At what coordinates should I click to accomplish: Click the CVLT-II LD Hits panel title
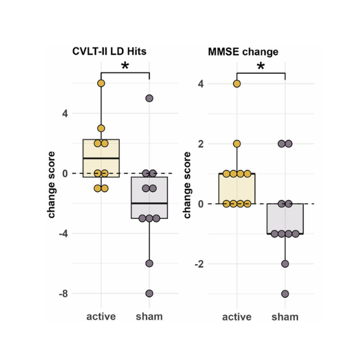(x=109, y=51)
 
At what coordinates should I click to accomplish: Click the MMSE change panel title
(x=243, y=52)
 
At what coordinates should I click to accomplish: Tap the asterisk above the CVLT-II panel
(x=125, y=65)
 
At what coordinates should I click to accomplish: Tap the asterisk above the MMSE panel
(x=261, y=66)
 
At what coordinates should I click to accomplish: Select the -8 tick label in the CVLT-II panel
(x=63, y=293)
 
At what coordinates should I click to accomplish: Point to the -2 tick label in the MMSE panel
(x=199, y=264)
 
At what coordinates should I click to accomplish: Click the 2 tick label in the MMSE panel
(x=201, y=144)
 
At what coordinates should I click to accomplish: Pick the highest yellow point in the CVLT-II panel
(x=101, y=84)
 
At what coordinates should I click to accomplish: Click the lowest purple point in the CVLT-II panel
(x=149, y=293)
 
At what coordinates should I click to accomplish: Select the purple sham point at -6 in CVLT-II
(x=149, y=264)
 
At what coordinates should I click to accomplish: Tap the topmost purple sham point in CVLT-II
(x=149, y=98)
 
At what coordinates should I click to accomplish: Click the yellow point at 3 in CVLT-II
(x=101, y=128)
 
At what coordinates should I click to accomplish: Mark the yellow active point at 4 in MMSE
(x=237, y=84)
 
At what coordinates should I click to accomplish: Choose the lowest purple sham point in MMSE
(x=285, y=293)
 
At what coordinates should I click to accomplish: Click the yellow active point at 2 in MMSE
(x=237, y=144)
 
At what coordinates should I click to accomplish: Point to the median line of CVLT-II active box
(x=101, y=158)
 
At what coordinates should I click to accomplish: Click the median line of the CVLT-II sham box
(x=149, y=203)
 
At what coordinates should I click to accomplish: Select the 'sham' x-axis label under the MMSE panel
(x=285, y=317)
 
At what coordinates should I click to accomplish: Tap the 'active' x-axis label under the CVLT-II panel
(x=101, y=317)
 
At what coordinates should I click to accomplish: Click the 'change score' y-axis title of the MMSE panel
(x=187, y=185)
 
